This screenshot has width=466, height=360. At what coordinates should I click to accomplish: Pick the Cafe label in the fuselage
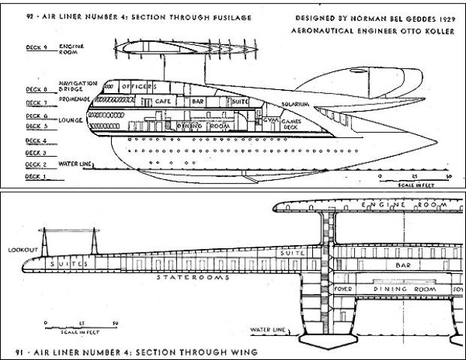[164, 100]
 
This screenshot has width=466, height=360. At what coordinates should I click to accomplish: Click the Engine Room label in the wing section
[398, 204]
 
